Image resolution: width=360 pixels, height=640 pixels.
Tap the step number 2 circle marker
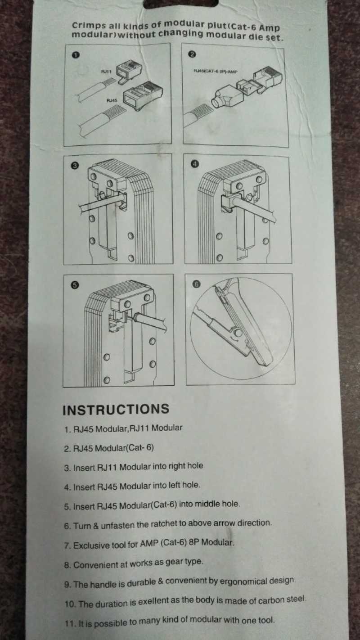(193, 54)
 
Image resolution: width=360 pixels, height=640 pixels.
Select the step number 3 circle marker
(75, 166)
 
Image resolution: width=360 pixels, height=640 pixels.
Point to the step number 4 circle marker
(194, 164)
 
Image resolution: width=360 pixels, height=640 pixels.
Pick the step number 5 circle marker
(75, 285)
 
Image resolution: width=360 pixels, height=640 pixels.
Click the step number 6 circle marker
(196, 284)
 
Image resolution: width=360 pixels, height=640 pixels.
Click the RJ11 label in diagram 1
(106, 71)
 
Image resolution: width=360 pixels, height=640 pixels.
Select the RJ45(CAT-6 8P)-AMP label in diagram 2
(215, 71)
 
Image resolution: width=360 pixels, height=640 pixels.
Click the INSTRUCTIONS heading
(116, 409)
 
